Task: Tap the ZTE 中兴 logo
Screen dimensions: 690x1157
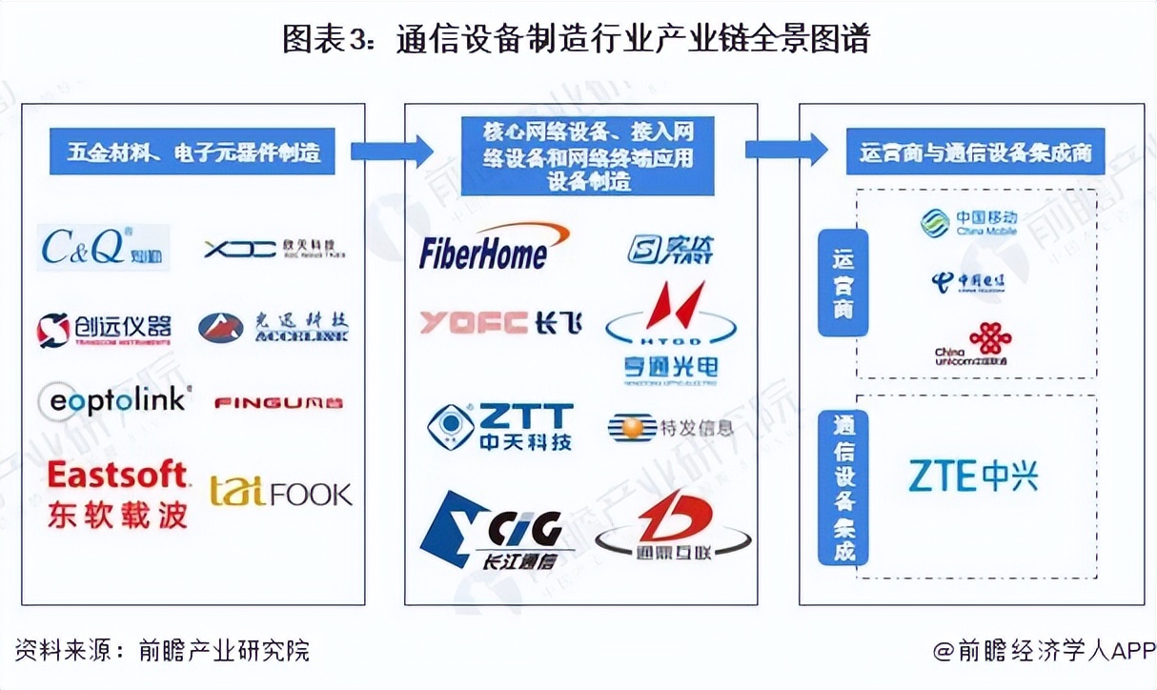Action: click(972, 475)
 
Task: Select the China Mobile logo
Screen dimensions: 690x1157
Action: click(969, 223)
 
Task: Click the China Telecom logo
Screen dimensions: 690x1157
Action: click(968, 283)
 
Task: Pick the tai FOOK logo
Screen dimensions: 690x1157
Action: click(281, 492)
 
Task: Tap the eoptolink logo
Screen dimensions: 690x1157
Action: click(114, 401)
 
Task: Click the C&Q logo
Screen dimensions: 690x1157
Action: click(103, 248)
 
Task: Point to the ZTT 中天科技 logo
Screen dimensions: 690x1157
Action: click(500, 427)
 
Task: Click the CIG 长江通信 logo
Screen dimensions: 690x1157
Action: click(492, 530)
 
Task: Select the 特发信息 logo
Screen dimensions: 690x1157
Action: click(671, 428)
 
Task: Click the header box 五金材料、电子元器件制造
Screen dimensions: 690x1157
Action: click(193, 152)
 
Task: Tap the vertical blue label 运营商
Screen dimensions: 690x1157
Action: click(843, 282)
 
